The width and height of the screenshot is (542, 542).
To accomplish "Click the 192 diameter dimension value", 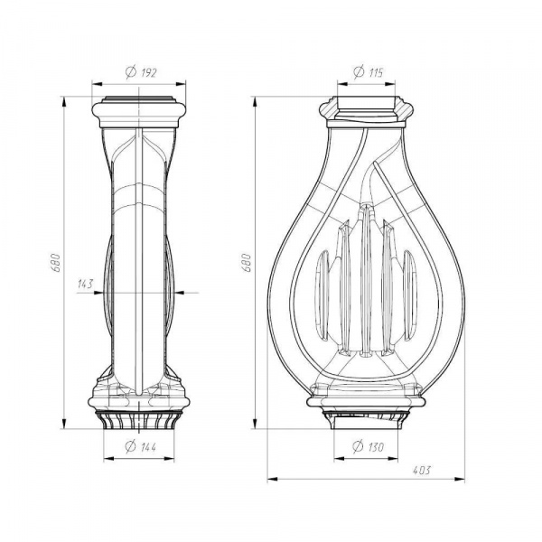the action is pyautogui.click(x=149, y=72).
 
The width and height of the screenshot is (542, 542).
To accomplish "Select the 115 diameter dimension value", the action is pyautogui.click(x=376, y=73).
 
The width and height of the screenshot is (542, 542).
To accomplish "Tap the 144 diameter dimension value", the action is pyautogui.click(x=149, y=447).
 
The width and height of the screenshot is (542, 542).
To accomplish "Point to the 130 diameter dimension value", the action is pyautogui.click(x=376, y=447).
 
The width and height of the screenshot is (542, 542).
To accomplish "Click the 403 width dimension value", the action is pyautogui.click(x=422, y=471).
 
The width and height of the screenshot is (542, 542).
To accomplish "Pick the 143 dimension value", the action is pyautogui.click(x=86, y=285).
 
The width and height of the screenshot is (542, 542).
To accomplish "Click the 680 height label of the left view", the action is pyautogui.click(x=56, y=263).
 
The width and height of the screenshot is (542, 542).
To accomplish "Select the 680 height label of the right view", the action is pyautogui.click(x=246, y=263).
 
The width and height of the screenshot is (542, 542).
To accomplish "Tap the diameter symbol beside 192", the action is pyautogui.click(x=131, y=72).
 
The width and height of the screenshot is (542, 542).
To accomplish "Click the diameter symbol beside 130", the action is pyautogui.click(x=358, y=446).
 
